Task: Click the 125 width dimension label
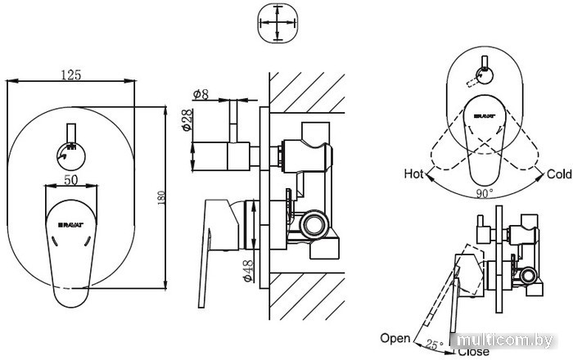71,74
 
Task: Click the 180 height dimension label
161,197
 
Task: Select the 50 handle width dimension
71,180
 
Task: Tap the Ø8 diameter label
201,94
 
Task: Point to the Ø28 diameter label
187,119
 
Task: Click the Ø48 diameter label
248,271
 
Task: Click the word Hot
413,173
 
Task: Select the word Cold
559,174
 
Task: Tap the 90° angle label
485,193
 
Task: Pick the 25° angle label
435,344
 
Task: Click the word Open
395,339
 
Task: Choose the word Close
473,352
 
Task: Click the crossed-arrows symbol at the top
277,23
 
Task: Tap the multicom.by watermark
505,340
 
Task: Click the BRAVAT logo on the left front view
71,225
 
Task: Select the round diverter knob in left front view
71,156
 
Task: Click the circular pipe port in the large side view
314,224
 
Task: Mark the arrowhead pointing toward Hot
429,178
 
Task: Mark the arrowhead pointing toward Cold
539,177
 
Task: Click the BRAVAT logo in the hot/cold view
485,116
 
